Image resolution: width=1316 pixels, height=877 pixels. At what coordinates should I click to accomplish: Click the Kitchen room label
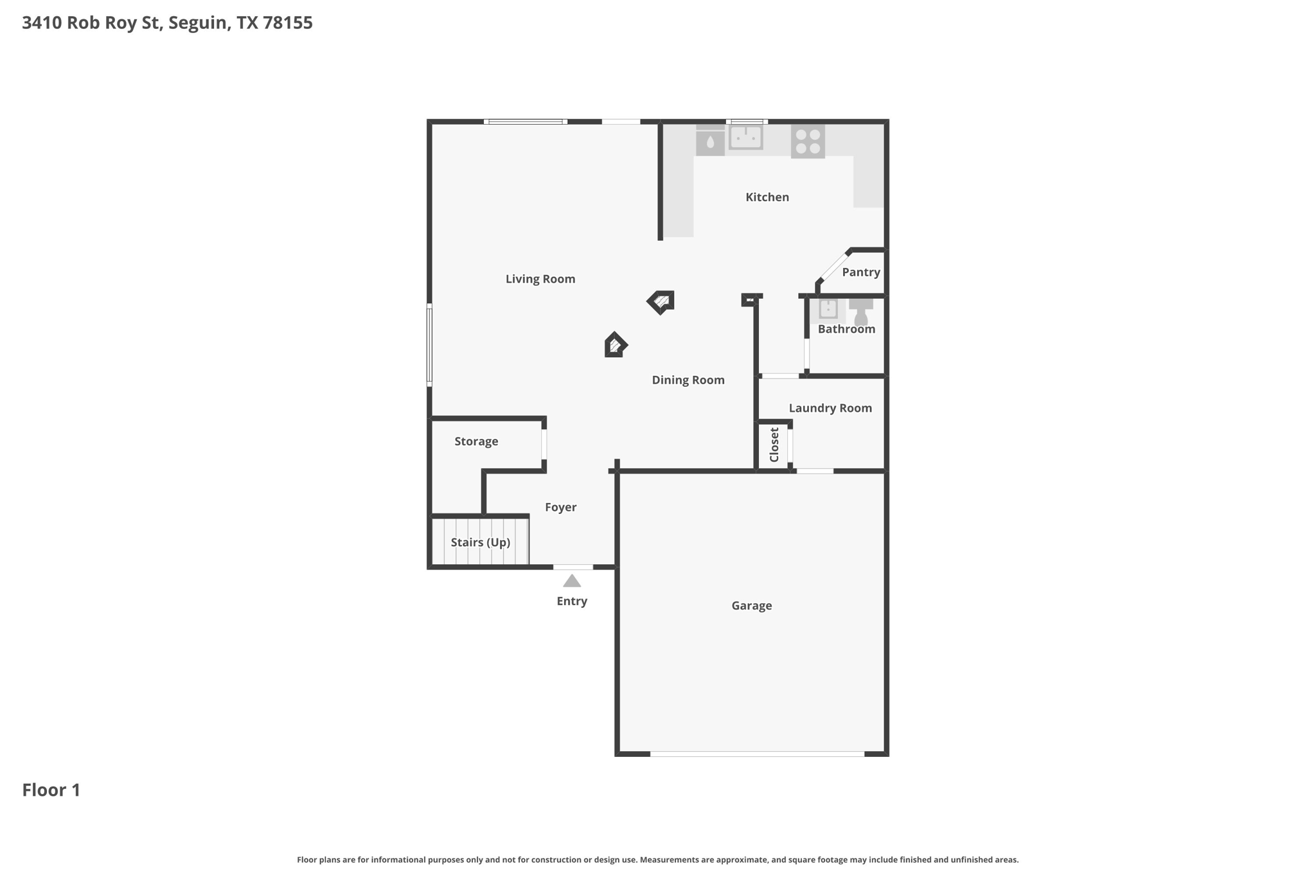(x=767, y=197)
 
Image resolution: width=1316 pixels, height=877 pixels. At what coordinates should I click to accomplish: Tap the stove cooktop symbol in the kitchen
(x=808, y=142)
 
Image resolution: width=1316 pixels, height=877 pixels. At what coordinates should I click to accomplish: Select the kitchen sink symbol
(x=746, y=137)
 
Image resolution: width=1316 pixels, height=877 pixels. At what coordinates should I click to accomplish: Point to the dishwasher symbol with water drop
(x=710, y=141)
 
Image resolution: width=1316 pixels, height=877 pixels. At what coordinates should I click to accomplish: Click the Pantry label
(x=861, y=272)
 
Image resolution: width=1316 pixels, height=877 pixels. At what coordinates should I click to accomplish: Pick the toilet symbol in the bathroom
(x=861, y=312)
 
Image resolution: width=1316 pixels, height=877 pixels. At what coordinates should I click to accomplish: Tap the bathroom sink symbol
(x=828, y=309)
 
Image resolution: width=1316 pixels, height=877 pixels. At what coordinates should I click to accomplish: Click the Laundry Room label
(x=830, y=408)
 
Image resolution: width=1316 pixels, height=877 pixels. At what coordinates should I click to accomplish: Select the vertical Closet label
(x=774, y=445)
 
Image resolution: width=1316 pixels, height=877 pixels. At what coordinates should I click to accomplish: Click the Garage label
(x=752, y=606)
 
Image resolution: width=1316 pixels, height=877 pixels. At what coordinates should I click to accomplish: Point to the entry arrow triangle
(x=572, y=581)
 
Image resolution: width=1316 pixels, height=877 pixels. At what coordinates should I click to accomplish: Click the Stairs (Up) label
(x=481, y=543)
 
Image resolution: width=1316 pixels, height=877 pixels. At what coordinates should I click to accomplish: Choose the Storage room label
(x=476, y=441)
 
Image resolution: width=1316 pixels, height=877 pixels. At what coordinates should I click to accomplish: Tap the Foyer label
(x=561, y=508)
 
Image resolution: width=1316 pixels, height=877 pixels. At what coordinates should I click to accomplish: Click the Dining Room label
(x=688, y=380)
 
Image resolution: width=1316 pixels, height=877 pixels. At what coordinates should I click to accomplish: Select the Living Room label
(x=540, y=279)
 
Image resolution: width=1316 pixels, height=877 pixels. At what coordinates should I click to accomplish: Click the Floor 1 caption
(x=51, y=790)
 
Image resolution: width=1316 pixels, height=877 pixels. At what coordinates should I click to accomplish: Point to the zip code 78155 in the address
(x=288, y=23)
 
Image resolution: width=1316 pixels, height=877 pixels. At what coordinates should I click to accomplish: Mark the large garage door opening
(x=758, y=754)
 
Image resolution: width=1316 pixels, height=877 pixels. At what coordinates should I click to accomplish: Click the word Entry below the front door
(x=572, y=601)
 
